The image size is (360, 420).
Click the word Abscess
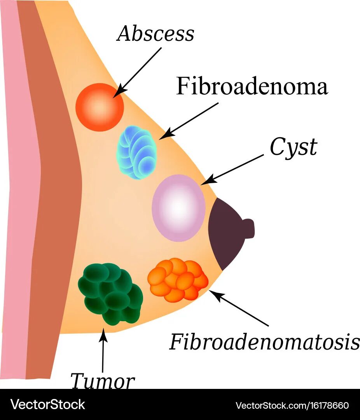coord(156,34)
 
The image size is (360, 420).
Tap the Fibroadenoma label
coord(252,86)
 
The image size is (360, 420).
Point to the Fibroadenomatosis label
coord(264,342)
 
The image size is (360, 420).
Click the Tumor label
coord(103,381)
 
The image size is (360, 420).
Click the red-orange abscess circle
coord(100,107)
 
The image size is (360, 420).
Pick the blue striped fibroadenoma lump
coord(136,152)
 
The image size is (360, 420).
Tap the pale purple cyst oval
coord(178,208)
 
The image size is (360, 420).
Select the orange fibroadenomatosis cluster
coord(178,280)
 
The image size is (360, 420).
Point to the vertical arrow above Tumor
coord(103,350)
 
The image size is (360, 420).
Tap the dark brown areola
coord(225,233)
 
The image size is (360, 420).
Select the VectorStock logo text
coord(48,405)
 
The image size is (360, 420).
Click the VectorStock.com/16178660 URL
coord(292,405)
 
